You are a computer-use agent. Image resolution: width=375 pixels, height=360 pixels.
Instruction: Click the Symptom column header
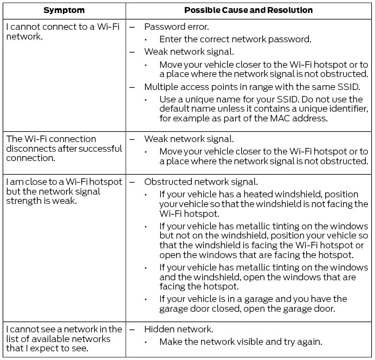(64, 10)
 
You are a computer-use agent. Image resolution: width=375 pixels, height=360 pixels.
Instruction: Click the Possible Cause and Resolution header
(249, 10)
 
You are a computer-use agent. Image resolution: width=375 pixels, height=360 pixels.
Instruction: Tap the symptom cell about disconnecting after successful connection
(64, 148)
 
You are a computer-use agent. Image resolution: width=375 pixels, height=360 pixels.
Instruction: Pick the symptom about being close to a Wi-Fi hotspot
(64, 191)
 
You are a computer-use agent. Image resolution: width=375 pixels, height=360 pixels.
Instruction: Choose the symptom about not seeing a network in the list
(64, 338)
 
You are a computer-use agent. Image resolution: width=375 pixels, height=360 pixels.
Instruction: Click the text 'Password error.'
(177, 26)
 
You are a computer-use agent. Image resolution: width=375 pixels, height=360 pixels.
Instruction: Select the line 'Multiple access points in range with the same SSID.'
(253, 87)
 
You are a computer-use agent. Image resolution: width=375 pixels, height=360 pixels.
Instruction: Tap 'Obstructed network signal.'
(201, 182)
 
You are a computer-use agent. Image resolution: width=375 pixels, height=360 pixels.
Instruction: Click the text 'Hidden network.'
(179, 329)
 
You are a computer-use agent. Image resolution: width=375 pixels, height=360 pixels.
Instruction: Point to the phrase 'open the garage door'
(304, 308)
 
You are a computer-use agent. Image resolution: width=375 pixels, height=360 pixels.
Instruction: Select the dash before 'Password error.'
(132, 26)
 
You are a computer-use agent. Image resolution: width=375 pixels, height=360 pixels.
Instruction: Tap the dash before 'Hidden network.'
(132, 329)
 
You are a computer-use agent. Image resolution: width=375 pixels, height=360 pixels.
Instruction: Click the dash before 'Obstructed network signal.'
(132, 182)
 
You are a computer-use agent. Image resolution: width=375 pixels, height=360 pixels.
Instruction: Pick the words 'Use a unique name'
(192, 100)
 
